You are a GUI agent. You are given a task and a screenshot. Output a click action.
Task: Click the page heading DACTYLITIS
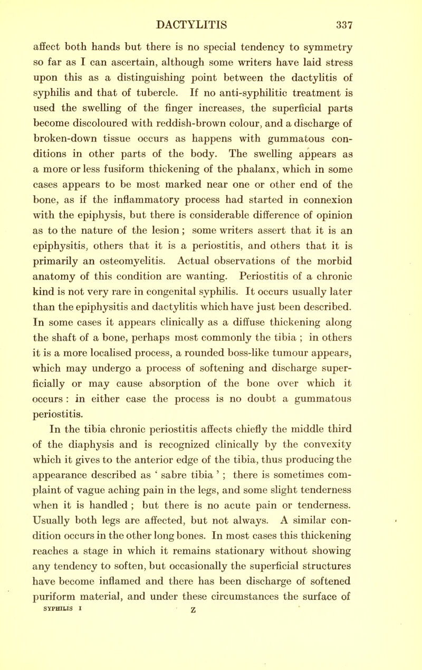[212, 11]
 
